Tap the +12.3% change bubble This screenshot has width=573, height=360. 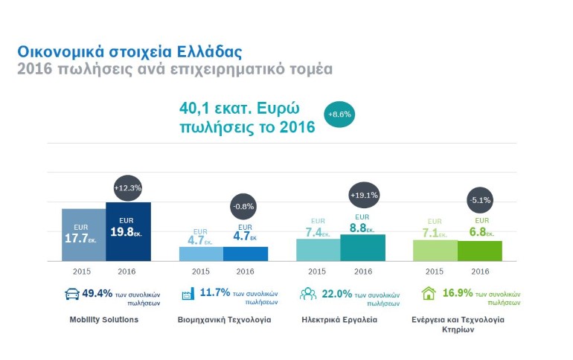(x=128, y=187)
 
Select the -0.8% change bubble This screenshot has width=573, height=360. (x=246, y=206)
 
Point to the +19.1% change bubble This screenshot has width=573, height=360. (x=363, y=195)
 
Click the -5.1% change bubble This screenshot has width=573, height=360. (x=481, y=199)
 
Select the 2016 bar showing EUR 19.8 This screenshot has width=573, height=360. (x=128, y=231)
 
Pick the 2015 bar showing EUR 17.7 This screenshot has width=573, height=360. (x=83, y=235)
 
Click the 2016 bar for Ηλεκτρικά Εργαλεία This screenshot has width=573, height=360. (x=363, y=248)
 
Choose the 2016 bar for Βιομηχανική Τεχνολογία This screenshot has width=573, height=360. (x=246, y=254)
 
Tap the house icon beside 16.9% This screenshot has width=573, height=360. (x=429, y=294)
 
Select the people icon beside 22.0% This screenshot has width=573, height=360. (x=307, y=294)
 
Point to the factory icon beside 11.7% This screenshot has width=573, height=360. (x=188, y=294)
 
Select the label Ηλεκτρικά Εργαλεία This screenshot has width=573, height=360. (x=339, y=320)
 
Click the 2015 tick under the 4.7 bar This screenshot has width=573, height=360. (x=201, y=271)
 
